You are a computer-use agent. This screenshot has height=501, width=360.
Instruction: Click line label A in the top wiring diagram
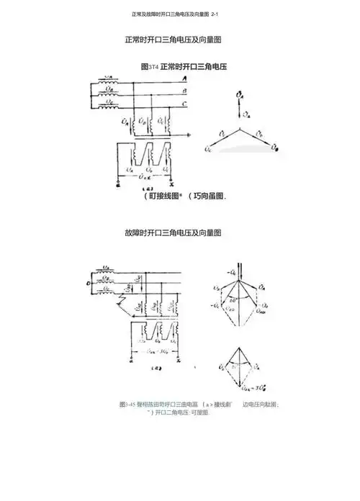[x=185, y=78]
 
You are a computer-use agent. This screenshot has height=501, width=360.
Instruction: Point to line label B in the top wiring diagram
[x=185, y=91]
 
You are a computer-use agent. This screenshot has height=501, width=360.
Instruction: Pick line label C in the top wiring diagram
[x=185, y=104]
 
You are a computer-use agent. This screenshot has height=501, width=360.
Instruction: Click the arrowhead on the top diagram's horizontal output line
[x=190, y=135]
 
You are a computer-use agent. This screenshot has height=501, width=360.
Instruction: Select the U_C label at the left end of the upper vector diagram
[x=207, y=150]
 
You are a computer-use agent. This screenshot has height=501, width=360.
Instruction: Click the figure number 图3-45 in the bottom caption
[x=127, y=405]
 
